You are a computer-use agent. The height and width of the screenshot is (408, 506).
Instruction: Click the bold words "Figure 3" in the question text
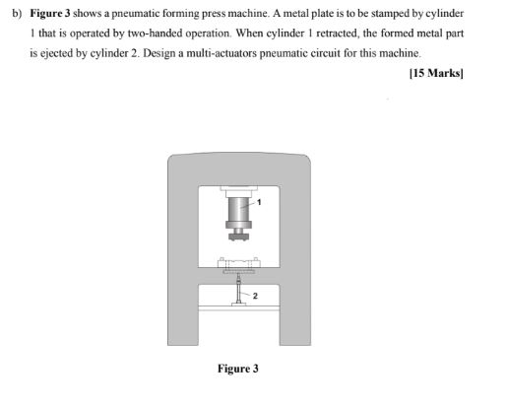pos(51,17)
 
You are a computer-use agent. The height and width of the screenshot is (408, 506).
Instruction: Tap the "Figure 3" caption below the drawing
pos(238,370)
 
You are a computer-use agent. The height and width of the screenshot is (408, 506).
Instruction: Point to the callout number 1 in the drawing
pos(263,201)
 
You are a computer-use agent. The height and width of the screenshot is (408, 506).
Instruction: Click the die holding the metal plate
pos(238,264)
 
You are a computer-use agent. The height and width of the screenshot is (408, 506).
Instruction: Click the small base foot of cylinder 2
pos(238,306)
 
